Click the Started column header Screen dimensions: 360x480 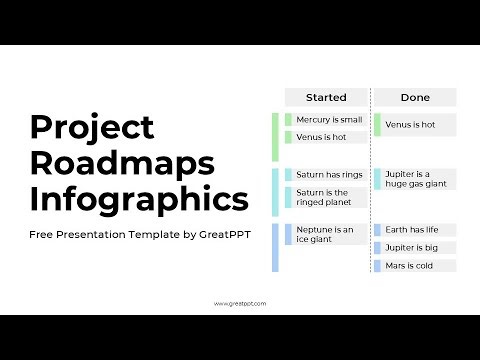coord(326,97)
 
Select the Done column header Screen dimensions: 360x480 coord(415,97)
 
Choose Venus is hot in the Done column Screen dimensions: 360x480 coord(414,125)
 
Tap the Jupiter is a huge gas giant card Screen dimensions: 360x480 coord(414,179)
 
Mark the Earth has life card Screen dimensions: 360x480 coord(414,230)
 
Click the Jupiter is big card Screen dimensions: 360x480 coord(414,247)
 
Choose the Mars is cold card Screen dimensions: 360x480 coord(414,265)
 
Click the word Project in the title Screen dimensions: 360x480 coord(92,127)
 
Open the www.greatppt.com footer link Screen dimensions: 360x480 coord(240,302)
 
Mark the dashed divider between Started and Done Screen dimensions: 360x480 coord(370,180)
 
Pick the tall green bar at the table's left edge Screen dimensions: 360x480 coord(275,137)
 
